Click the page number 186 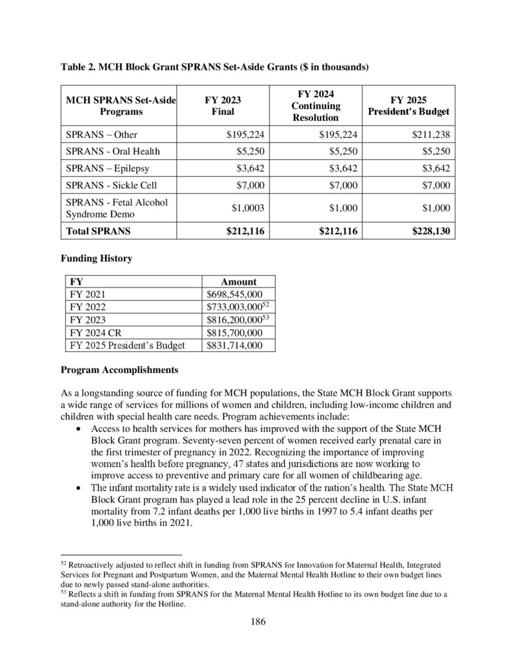[258, 621]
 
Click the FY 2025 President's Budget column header [408, 105]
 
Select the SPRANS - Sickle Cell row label [112, 186]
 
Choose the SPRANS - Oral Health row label [113, 152]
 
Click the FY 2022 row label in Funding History [85, 307]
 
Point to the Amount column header [239, 282]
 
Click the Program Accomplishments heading [119, 370]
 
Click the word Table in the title [73, 67]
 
